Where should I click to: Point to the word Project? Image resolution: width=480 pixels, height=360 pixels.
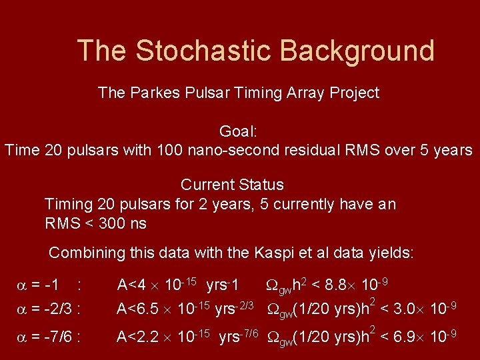click(354, 93)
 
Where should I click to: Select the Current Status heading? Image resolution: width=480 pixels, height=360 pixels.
click(232, 185)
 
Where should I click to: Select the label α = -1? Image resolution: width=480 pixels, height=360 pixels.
click(39, 286)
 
